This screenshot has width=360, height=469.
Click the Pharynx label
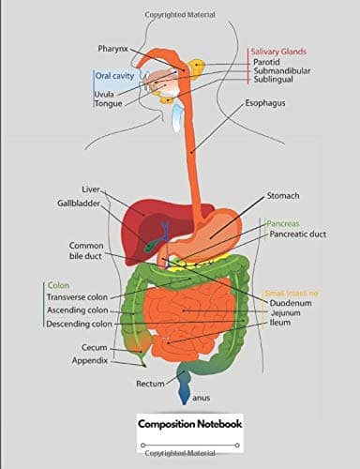113,48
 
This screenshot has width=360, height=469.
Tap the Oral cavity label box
113,75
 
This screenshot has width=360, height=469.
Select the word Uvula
103,94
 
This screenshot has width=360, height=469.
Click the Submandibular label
282,70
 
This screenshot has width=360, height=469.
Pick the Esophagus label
265,102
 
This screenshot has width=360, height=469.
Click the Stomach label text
283,195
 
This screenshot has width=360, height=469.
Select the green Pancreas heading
282,224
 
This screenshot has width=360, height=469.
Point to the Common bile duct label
86,250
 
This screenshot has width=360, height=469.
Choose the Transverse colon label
78,297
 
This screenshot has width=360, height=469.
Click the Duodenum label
290,304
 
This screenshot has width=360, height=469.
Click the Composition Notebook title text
189,424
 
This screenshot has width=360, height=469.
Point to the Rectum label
150,384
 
